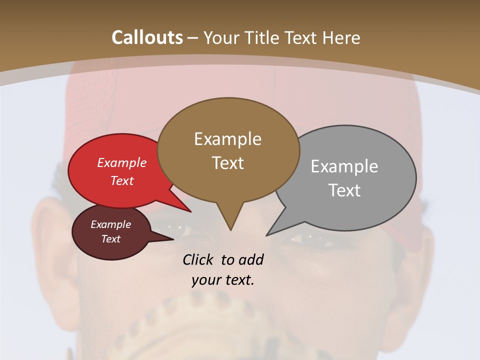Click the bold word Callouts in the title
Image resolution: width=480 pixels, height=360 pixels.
pos(147,37)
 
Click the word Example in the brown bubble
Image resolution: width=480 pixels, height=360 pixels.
pos(227,139)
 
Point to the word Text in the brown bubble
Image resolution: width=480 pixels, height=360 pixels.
pos(227,162)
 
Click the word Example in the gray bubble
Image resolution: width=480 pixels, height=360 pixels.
pos(344,166)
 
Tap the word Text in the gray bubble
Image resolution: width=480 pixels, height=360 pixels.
pos(344,190)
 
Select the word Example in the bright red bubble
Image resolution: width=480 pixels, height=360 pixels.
pos(122,162)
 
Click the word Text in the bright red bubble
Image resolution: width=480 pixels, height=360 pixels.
pos(122,180)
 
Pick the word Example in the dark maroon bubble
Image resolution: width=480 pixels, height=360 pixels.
pos(110,224)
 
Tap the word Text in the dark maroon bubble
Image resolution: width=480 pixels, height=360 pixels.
pos(110,239)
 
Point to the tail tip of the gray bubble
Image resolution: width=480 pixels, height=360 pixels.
pos(267,234)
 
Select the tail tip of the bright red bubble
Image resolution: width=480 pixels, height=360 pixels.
pos(190,211)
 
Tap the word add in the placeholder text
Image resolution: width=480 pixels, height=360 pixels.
pos(251,259)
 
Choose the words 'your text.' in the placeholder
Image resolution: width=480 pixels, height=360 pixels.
pos(223,280)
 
